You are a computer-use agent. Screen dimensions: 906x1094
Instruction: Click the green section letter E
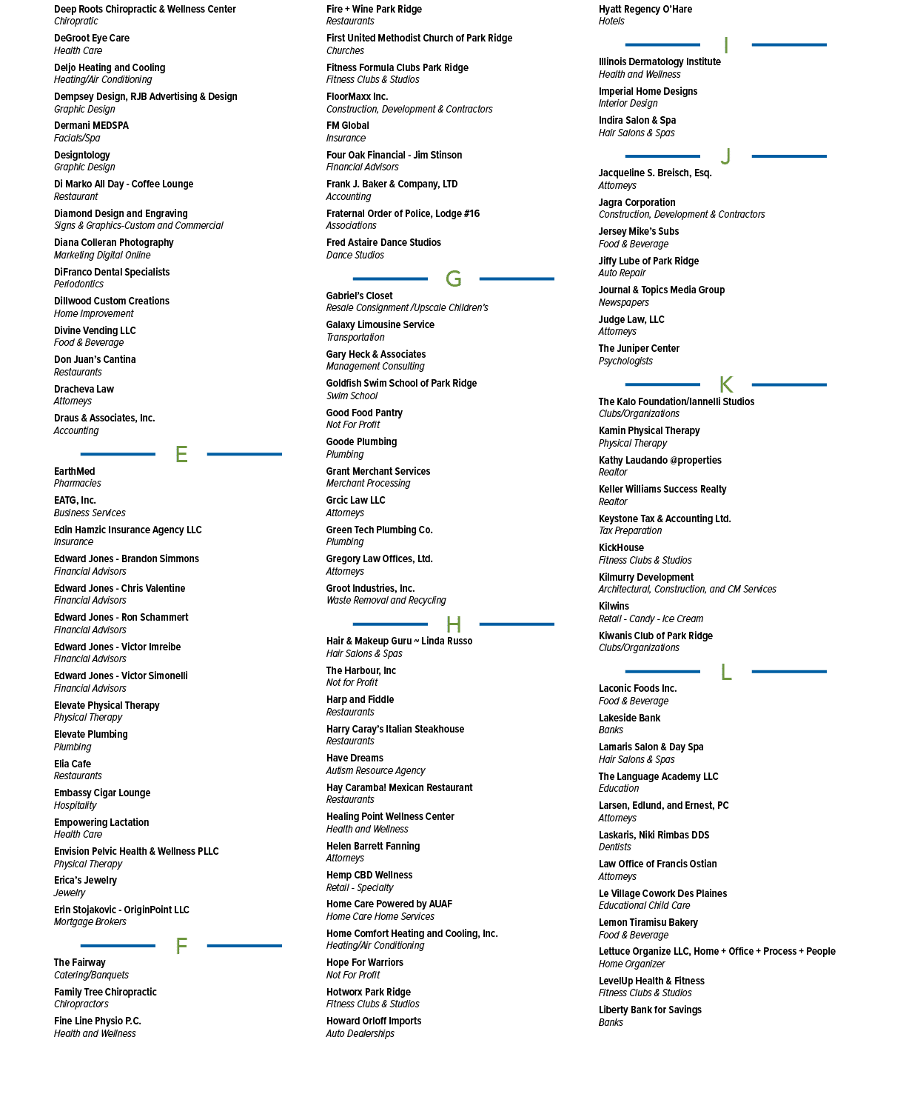[181, 454]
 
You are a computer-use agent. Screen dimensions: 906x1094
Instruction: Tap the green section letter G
[454, 278]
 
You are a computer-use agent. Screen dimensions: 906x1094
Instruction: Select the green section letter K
[726, 384]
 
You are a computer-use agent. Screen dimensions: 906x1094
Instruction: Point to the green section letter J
[725, 156]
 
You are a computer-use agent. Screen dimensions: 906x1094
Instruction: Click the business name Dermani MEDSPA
[91, 126]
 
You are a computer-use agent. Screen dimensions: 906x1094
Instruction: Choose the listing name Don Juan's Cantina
[95, 359]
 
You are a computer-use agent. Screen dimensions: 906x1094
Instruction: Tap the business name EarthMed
[74, 471]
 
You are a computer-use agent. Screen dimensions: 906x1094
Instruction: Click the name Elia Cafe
[73, 764]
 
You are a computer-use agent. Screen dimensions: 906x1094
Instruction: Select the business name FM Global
[348, 126]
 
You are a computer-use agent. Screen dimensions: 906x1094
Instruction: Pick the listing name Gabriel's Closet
[359, 296]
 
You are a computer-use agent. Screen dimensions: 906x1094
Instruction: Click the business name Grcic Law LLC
[355, 501]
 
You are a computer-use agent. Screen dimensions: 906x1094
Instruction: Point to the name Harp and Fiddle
[360, 699]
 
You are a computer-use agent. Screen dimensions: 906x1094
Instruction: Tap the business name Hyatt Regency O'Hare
[645, 9]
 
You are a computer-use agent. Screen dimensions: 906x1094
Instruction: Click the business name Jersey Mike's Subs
[638, 232]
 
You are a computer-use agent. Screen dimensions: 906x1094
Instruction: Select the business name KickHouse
[621, 547]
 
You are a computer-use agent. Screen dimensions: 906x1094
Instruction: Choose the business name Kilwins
[614, 606]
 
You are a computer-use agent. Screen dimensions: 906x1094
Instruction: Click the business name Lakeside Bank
[629, 718]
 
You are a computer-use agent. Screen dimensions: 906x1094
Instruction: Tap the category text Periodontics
[78, 284]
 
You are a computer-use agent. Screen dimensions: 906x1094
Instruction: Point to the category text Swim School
[352, 396]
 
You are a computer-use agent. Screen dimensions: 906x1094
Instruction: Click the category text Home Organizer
[631, 964]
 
